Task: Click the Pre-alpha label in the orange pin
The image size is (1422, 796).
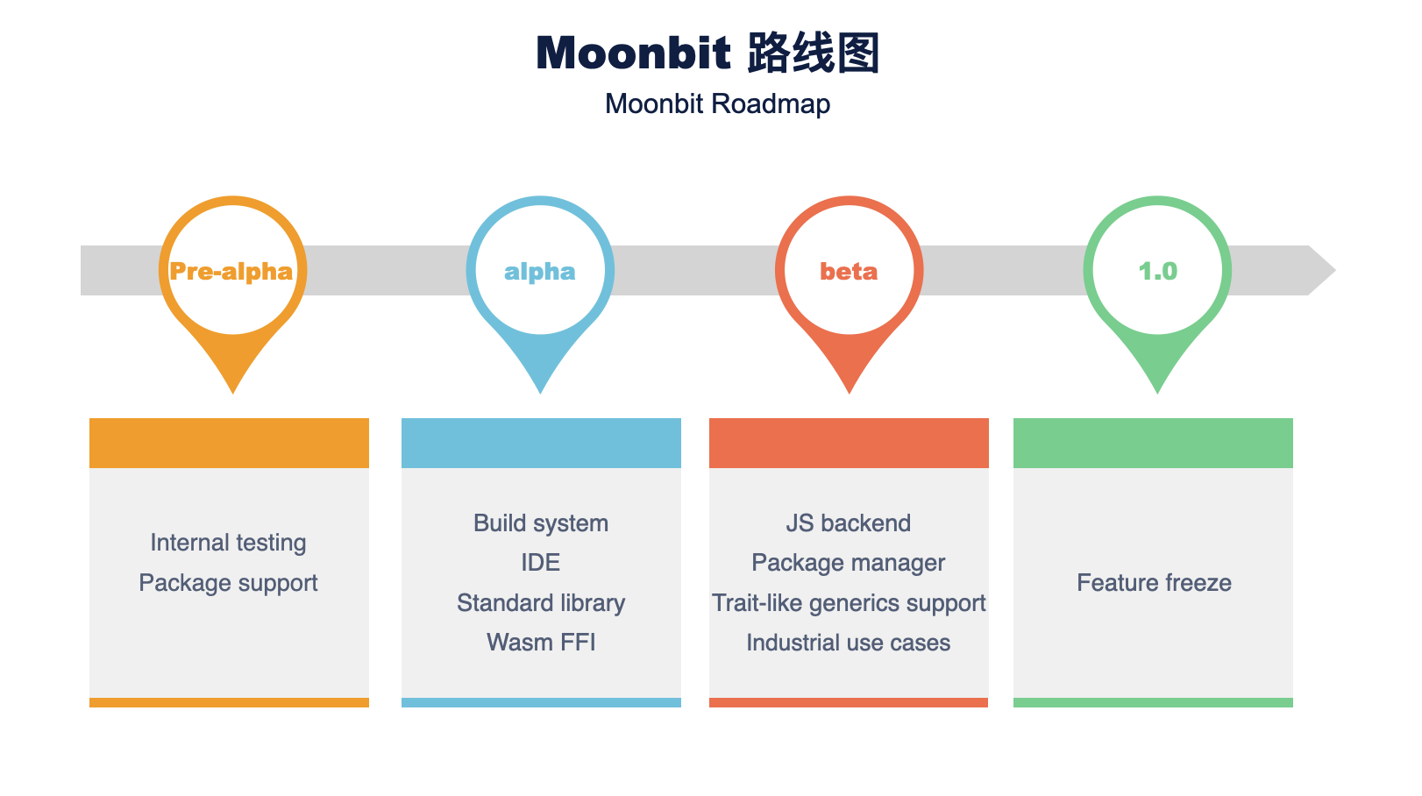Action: click(x=231, y=272)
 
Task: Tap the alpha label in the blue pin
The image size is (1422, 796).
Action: click(x=539, y=272)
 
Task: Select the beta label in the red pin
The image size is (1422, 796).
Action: click(x=849, y=272)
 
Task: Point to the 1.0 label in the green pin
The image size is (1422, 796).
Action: click(x=1158, y=272)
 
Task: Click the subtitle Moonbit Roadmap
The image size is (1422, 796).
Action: click(x=717, y=104)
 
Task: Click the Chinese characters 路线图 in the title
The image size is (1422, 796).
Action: click(x=814, y=53)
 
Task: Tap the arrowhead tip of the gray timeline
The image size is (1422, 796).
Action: click(x=1335, y=270)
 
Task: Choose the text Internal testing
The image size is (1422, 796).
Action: click(x=229, y=544)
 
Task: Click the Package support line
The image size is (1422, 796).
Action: click(x=229, y=583)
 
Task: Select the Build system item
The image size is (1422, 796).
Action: click(x=541, y=523)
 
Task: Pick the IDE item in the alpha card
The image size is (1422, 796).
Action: click(x=541, y=563)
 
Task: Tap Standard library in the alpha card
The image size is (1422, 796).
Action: click(x=541, y=603)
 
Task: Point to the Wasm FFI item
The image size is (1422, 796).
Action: click(x=541, y=643)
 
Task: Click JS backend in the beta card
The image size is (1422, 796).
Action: click(x=849, y=523)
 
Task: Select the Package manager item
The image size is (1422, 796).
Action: click(x=849, y=563)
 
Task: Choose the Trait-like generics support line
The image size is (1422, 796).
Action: click(x=849, y=603)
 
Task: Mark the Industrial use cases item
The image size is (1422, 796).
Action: click(x=849, y=643)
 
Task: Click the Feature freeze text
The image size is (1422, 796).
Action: click(x=1154, y=583)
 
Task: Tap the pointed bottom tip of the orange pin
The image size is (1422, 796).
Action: click(x=233, y=393)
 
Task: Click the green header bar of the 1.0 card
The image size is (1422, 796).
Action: click(x=1153, y=443)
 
